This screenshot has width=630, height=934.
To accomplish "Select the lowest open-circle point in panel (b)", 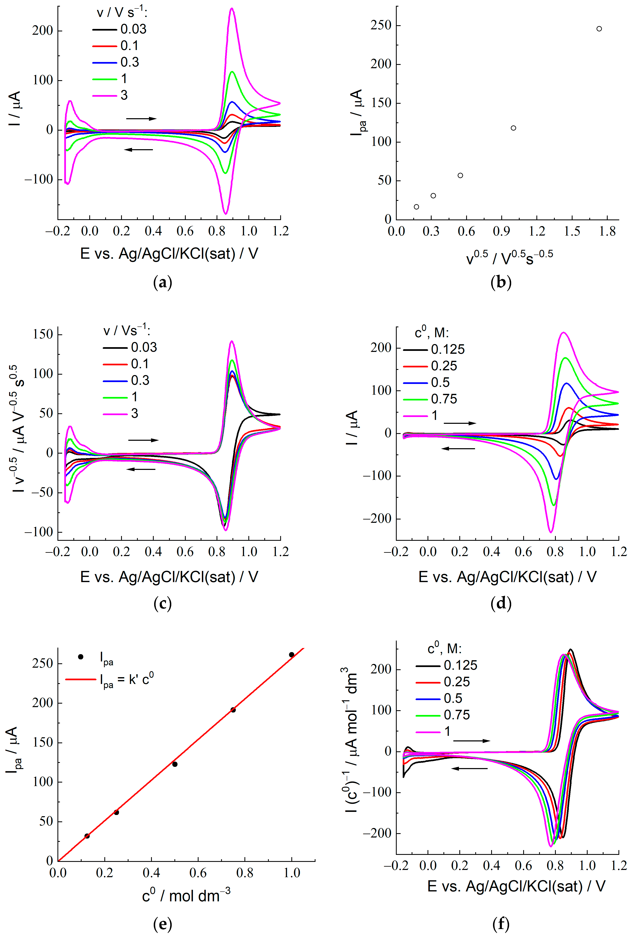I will pos(416,207).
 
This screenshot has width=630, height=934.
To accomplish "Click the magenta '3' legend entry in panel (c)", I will pos(120,413).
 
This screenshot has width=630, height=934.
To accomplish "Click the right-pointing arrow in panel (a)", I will pos(141,119).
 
